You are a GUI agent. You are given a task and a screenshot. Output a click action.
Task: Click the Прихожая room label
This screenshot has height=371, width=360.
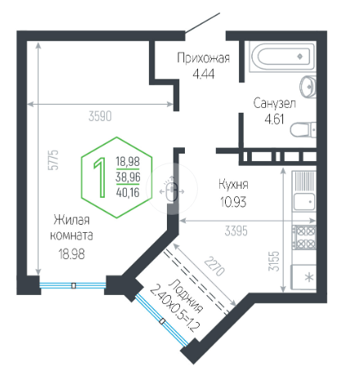(204, 58)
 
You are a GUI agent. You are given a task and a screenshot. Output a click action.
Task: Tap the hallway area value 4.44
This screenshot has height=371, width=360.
(204, 74)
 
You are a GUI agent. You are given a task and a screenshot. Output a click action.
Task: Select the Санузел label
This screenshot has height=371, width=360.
(274, 104)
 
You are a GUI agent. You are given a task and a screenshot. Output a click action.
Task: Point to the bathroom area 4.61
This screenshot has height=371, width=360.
(274, 119)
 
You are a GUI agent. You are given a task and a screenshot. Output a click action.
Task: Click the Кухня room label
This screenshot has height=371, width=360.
(233, 185)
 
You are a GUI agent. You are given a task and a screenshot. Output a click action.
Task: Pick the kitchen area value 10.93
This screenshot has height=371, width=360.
(233, 202)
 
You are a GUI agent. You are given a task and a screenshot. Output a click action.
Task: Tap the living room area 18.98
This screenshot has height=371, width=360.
(72, 254)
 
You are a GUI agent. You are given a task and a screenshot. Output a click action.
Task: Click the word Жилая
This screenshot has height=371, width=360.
(71, 220)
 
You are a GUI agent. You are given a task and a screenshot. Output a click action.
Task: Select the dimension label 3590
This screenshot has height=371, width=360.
(100, 116)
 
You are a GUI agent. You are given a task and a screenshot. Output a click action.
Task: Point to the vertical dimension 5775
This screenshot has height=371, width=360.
(53, 160)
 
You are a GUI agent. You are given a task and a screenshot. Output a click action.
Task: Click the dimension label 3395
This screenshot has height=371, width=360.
(236, 231)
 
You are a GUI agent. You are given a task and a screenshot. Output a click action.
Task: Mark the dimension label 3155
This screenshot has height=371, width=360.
(274, 261)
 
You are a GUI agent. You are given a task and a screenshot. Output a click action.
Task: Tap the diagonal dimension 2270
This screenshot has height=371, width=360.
(214, 266)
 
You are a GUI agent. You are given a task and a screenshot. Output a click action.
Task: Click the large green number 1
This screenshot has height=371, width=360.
(100, 177)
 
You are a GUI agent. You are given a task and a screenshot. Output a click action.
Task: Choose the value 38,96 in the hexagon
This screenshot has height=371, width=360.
(128, 177)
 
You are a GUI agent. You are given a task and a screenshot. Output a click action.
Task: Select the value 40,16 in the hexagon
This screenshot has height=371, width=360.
(128, 193)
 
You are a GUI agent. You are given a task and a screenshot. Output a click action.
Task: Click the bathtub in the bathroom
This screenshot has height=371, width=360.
(282, 56)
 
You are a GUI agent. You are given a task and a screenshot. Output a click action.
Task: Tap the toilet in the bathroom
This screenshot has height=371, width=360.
(303, 129)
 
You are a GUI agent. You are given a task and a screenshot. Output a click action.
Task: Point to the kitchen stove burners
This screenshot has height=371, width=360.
(304, 237)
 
